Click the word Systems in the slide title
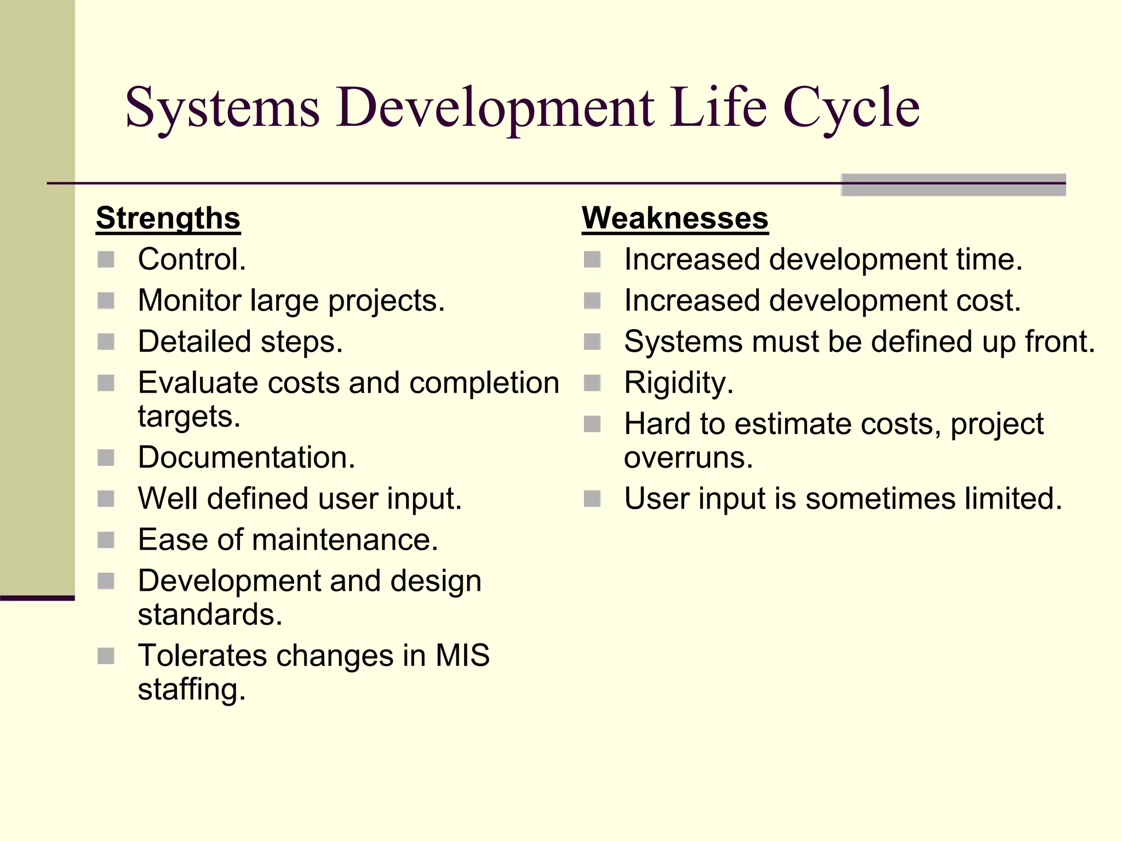pyautogui.click(x=222, y=108)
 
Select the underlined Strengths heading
pyautogui.click(x=168, y=218)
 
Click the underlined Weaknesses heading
pyautogui.click(x=675, y=218)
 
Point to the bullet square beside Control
pyautogui.click(x=106, y=260)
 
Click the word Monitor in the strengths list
pyautogui.click(x=190, y=301)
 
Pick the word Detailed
pyautogui.click(x=194, y=342)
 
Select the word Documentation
pyautogui.click(x=246, y=458)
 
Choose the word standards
pyautogui.click(x=209, y=615)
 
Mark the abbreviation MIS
pyautogui.click(x=462, y=655)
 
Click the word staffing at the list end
pyautogui.click(x=191, y=689)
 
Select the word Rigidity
pyautogui.click(x=678, y=383)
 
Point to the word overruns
pyautogui.click(x=688, y=458)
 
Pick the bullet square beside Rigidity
pyautogui.click(x=592, y=383)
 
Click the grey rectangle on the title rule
pyautogui.click(x=953, y=185)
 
